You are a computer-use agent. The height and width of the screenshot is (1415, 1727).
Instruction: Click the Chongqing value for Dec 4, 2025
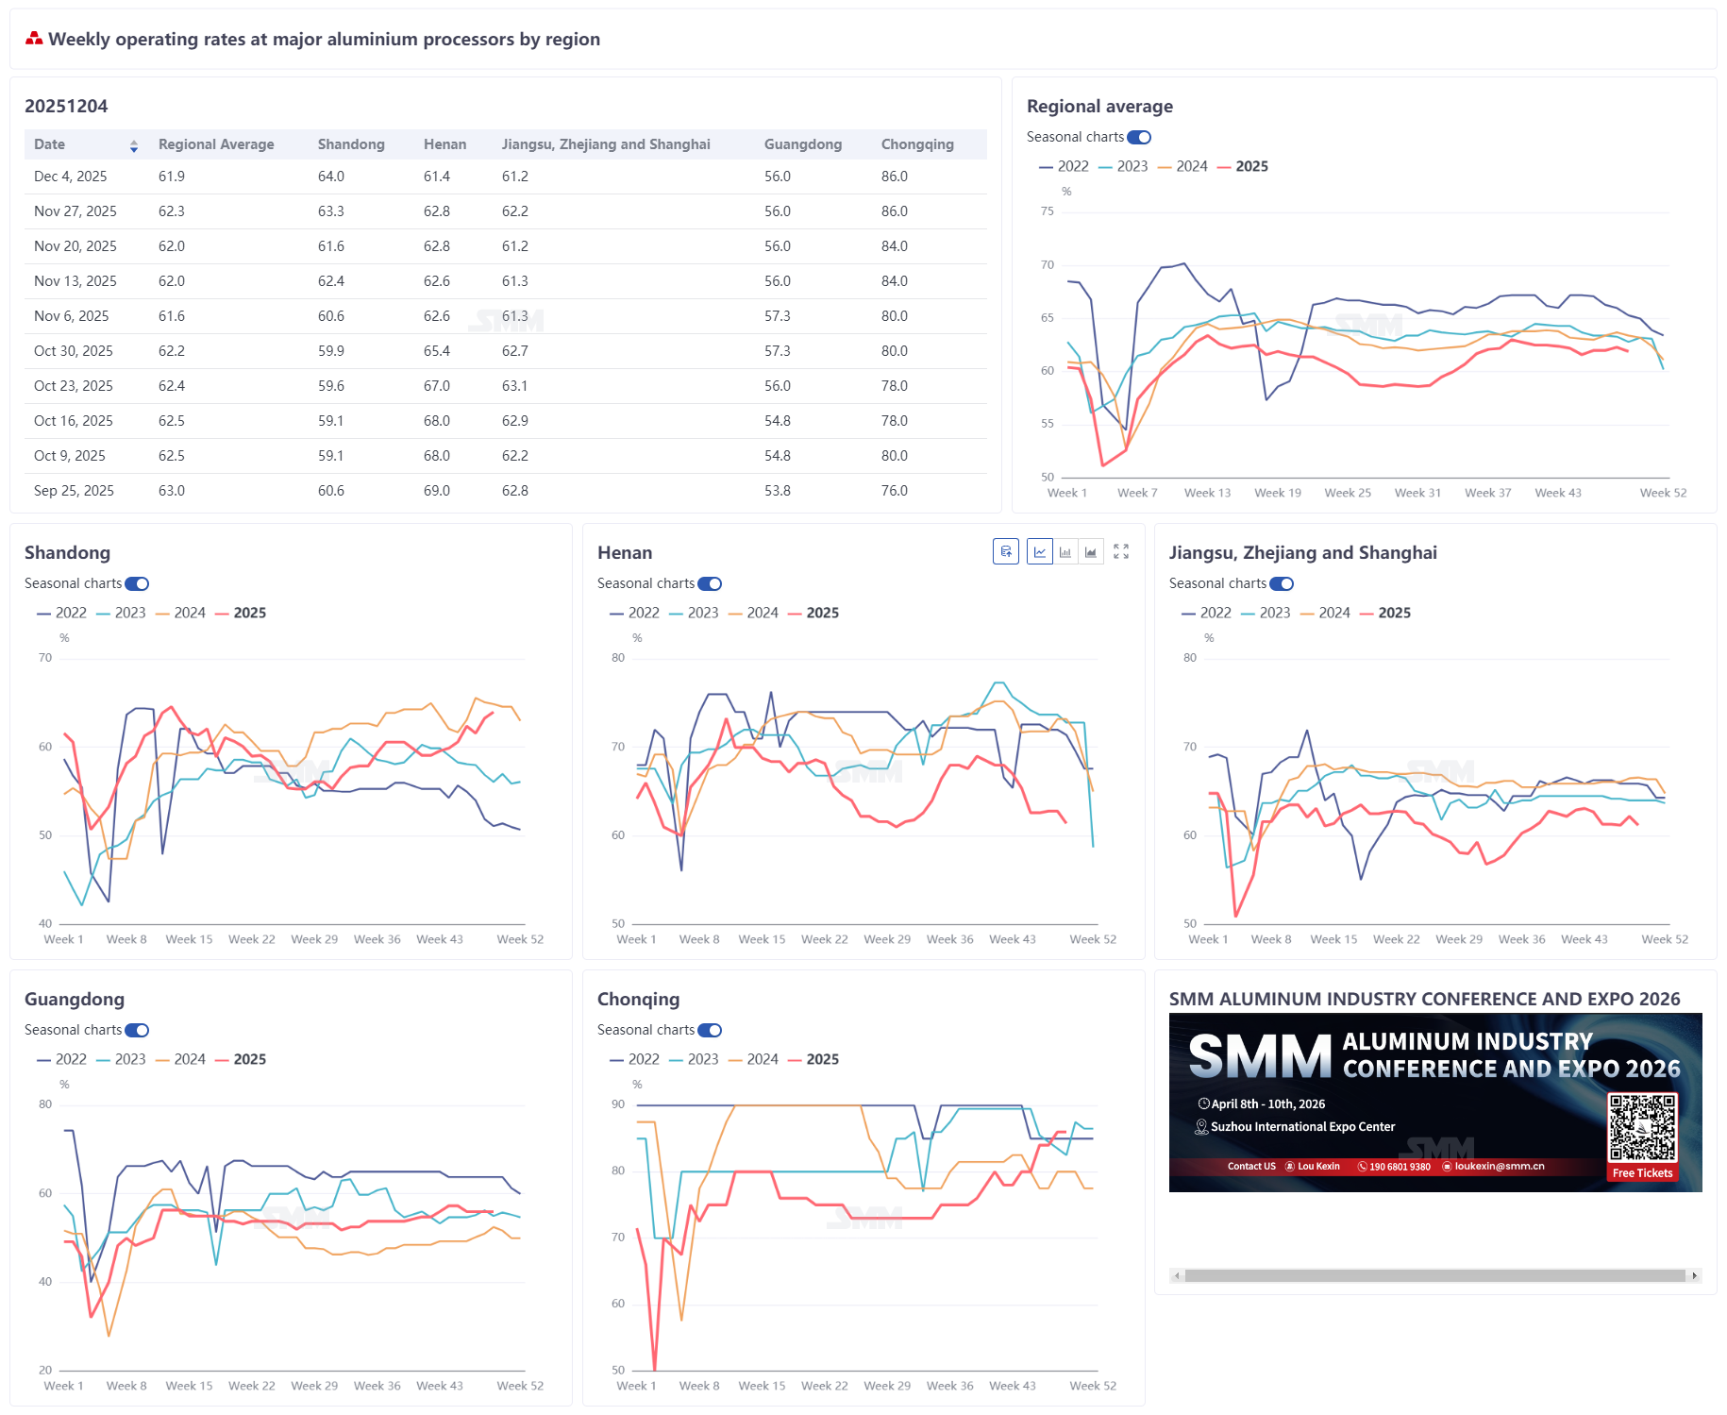[x=894, y=177]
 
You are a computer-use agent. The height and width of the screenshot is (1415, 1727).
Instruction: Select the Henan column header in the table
[x=444, y=144]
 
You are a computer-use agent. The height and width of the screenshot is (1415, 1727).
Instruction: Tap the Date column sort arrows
[x=134, y=145]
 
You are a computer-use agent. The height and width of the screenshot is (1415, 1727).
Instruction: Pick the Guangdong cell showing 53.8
[x=777, y=491]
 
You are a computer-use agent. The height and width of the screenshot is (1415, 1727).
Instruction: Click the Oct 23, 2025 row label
[x=73, y=386]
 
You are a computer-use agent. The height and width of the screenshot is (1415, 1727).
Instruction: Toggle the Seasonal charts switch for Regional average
[x=1139, y=138]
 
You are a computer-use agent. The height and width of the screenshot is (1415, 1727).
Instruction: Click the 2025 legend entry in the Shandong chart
[x=249, y=613]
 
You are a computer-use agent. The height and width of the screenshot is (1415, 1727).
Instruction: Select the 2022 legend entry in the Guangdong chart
[x=71, y=1059]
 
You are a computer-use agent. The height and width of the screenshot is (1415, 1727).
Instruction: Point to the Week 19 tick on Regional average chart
[x=1277, y=493]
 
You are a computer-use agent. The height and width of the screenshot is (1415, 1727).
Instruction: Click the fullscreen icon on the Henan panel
[x=1121, y=551]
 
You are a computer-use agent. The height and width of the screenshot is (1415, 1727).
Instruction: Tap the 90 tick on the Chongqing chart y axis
[x=618, y=1103]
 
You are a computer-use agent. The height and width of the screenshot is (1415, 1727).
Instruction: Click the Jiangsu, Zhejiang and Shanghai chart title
[x=1302, y=553]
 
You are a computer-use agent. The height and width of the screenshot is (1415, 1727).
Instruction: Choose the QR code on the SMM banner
[x=1642, y=1127]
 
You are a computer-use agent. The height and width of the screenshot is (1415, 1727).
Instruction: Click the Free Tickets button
[x=1642, y=1173]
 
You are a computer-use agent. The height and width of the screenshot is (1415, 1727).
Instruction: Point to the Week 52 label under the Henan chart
[x=1092, y=939]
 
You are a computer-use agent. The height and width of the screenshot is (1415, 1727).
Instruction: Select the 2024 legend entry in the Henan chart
[x=762, y=613]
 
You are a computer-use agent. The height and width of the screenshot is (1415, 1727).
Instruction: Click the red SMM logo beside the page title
[x=34, y=39]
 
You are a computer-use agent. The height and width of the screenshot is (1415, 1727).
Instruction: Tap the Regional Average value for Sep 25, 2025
[x=171, y=491]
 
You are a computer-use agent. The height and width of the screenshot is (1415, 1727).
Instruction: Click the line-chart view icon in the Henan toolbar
[x=1039, y=551]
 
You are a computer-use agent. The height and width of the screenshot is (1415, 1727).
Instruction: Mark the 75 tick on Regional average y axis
[x=1047, y=211]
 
